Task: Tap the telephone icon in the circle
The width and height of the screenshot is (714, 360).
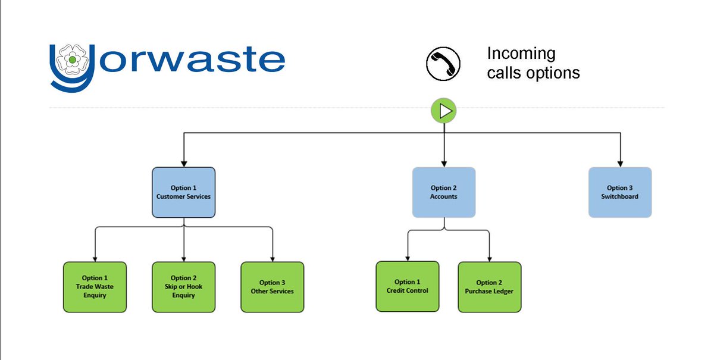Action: click(x=444, y=63)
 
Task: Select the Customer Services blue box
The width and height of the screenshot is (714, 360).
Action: click(x=183, y=192)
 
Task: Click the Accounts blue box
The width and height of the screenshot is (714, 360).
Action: click(x=444, y=192)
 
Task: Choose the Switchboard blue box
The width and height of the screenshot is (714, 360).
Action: click(x=620, y=192)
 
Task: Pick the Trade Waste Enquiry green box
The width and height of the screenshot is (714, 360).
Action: click(x=95, y=287)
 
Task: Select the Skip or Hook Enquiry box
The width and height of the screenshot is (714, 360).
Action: click(x=183, y=287)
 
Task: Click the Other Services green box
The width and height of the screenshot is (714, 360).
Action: click(x=272, y=287)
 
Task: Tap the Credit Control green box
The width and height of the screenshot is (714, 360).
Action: click(x=408, y=286)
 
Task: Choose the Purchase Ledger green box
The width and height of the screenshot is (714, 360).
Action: click(x=490, y=287)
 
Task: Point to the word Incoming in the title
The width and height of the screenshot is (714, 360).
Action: click(x=521, y=54)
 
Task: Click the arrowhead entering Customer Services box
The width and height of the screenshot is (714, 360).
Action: click(x=183, y=162)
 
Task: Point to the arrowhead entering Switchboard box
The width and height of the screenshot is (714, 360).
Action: click(x=620, y=162)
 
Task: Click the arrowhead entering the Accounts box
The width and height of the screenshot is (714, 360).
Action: click(x=444, y=162)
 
